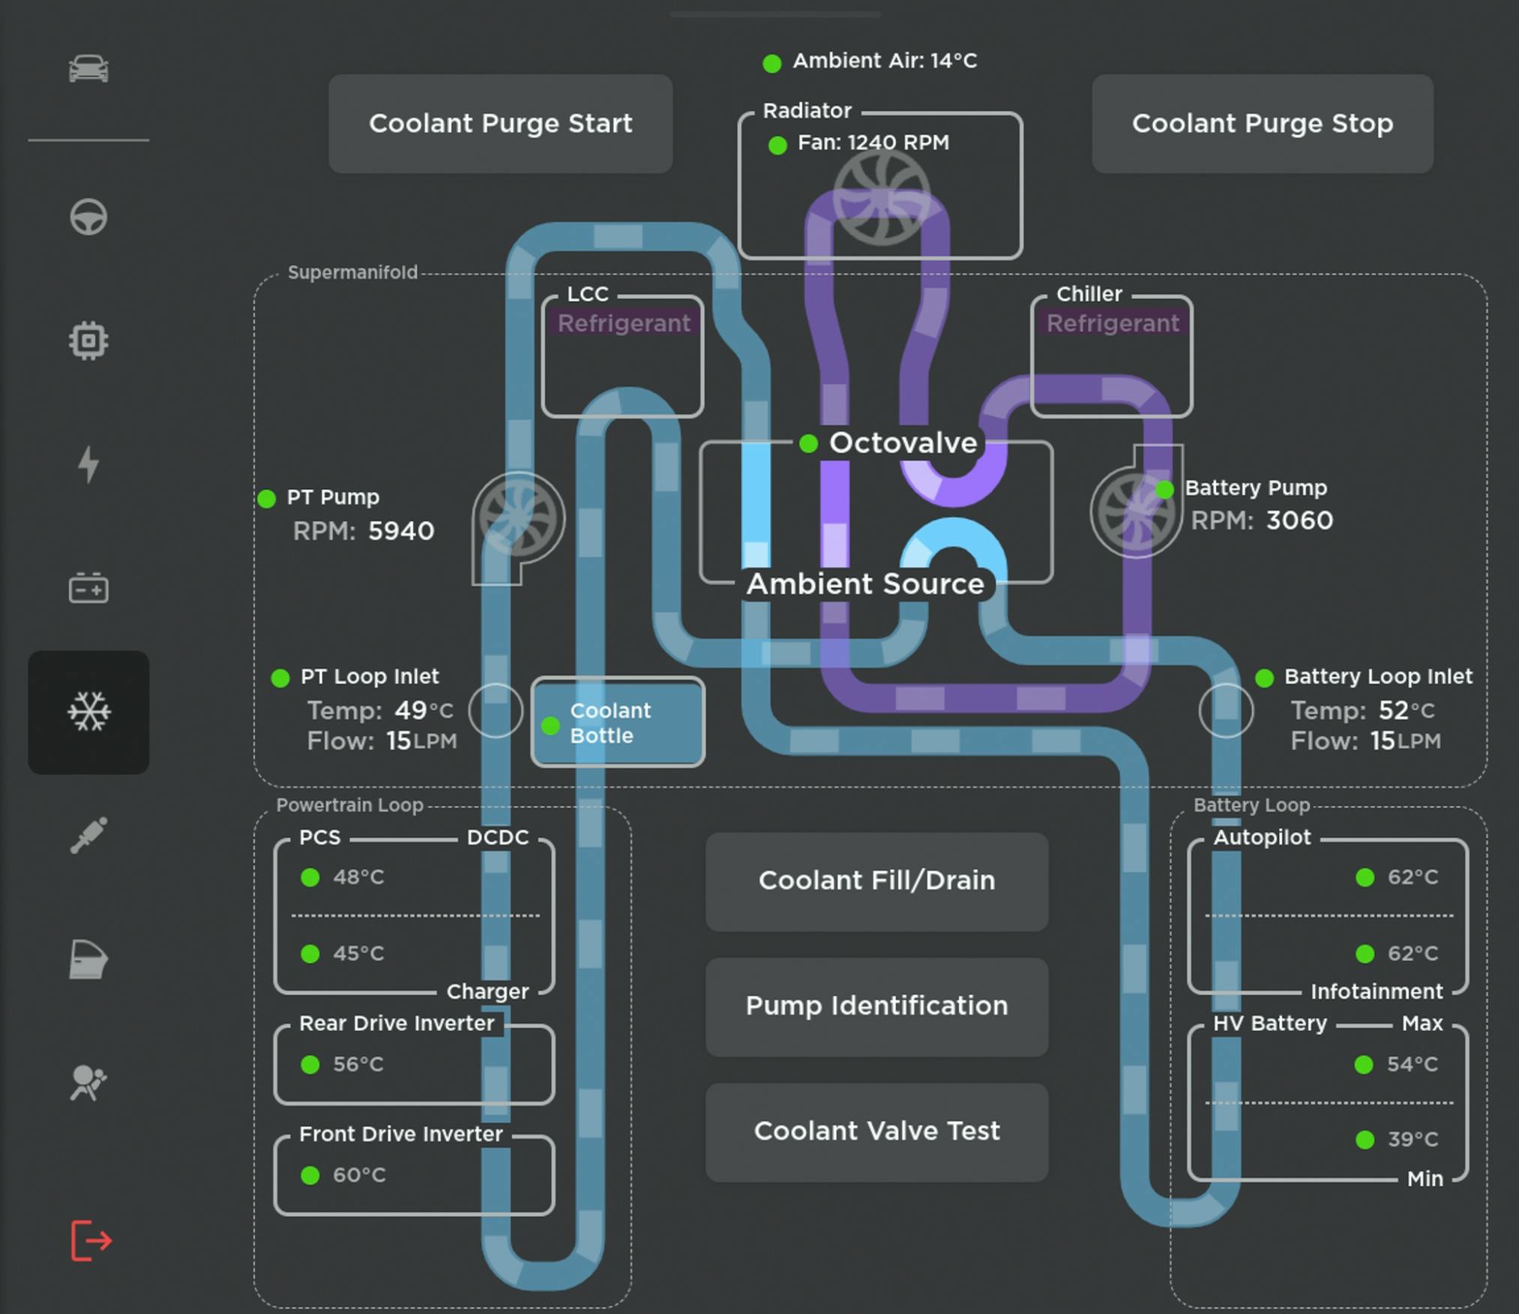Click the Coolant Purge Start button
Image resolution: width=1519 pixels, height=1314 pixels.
(500, 124)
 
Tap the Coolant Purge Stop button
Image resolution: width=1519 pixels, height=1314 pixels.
(1262, 124)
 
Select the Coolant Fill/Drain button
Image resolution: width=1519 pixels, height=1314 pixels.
(876, 881)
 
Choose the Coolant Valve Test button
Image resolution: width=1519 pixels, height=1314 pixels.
(876, 1132)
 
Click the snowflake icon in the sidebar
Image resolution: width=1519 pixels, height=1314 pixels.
(88, 712)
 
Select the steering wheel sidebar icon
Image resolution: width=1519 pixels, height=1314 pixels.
(88, 217)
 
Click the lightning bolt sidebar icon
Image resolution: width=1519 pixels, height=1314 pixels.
(88, 464)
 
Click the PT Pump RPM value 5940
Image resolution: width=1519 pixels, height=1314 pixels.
(401, 532)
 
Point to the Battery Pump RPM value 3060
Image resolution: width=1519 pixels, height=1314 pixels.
(1299, 521)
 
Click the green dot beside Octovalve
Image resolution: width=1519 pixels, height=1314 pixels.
(808, 444)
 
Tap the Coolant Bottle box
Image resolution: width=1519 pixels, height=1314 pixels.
(617, 722)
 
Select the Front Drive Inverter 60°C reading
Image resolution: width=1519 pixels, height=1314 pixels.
(358, 1175)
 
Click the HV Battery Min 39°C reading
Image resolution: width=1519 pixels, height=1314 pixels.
(1412, 1140)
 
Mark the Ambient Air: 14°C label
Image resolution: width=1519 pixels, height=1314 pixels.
(885, 61)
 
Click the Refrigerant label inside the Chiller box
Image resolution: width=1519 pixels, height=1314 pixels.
(1112, 323)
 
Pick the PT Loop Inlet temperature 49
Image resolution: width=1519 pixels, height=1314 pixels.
(410, 710)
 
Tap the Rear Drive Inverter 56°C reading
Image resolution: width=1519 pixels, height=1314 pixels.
(358, 1064)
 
